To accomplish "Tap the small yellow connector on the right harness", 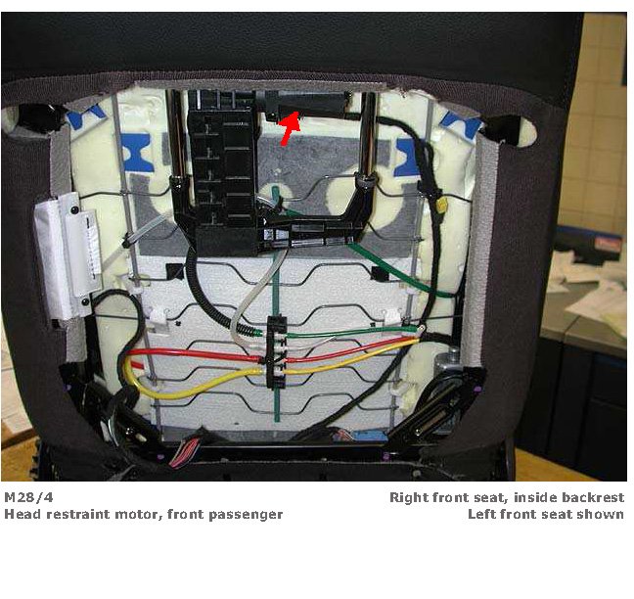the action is [x=441, y=207].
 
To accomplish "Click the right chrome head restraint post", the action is [x=367, y=137].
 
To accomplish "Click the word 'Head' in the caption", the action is [x=22, y=514].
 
